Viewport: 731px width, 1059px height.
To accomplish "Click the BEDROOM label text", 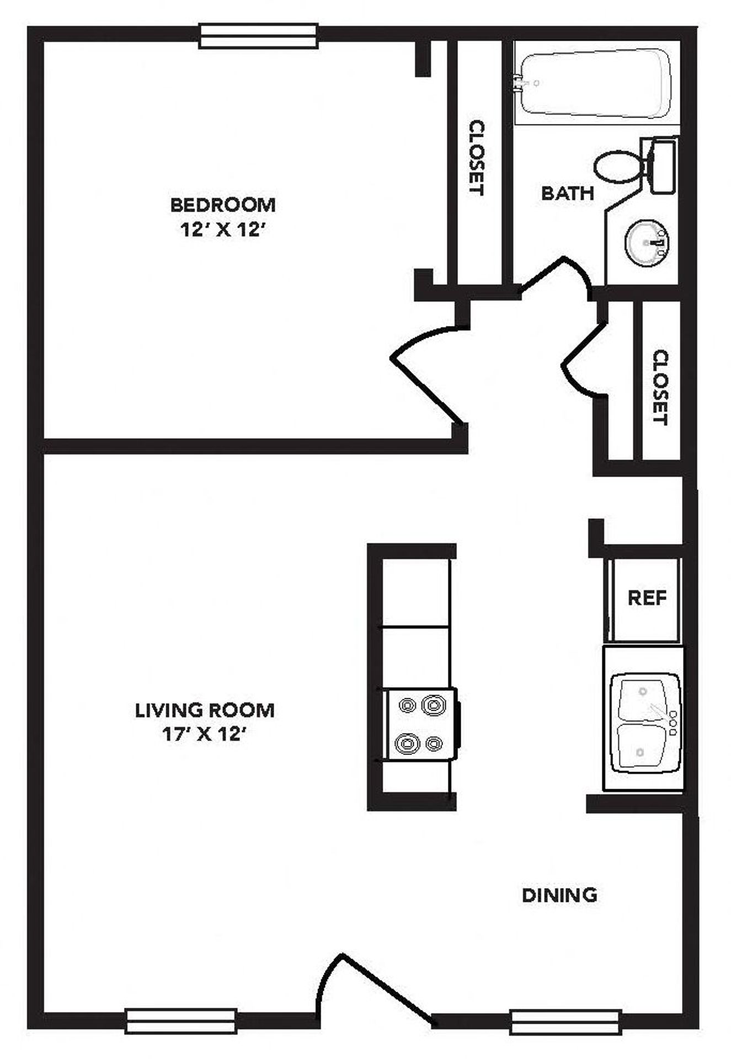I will click(223, 205).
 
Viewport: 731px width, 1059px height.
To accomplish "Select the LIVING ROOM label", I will click(205, 710).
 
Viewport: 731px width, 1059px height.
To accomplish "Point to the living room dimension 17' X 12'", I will click(204, 734).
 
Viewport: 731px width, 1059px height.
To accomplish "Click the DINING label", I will click(559, 895).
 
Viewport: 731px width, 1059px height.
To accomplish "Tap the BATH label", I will click(567, 193).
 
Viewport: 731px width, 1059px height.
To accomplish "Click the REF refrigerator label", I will click(647, 597).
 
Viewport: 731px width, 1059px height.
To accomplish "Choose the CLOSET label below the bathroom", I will click(660, 387).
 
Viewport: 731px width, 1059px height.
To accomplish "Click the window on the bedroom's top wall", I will click(258, 36).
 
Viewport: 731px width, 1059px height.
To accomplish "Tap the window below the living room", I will click(181, 1021).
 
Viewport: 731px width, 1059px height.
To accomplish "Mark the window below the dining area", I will click(565, 1022).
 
